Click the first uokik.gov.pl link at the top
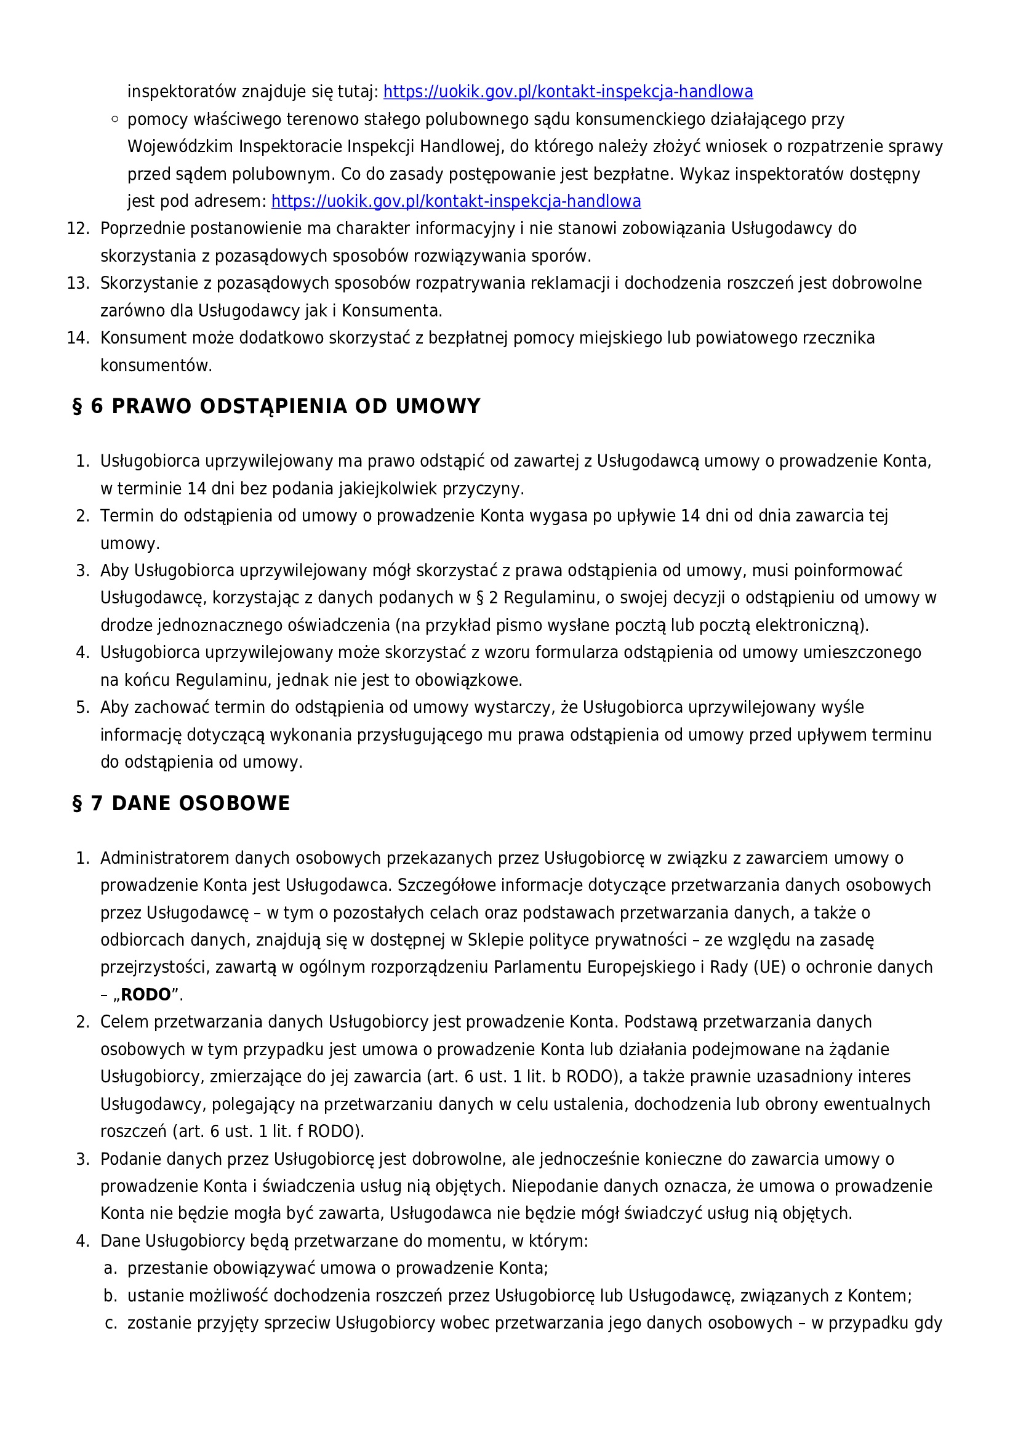(x=567, y=92)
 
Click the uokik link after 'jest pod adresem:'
(x=455, y=201)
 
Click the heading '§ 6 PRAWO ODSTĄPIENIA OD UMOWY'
(x=276, y=406)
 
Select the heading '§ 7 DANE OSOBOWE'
(x=181, y=803)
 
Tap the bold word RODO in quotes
(x=145, y=995)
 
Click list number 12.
(x=78, y=228)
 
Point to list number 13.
(x=78, y=283)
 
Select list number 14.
(x=78, y=338)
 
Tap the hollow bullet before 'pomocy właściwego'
(x=114, y=119)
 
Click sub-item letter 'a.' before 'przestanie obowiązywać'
(x=110, y=1268)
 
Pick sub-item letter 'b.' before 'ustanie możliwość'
(x=110, y=1296)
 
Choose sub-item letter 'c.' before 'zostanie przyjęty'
(x=110, y=1322)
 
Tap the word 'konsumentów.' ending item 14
(x=156, y=366)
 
